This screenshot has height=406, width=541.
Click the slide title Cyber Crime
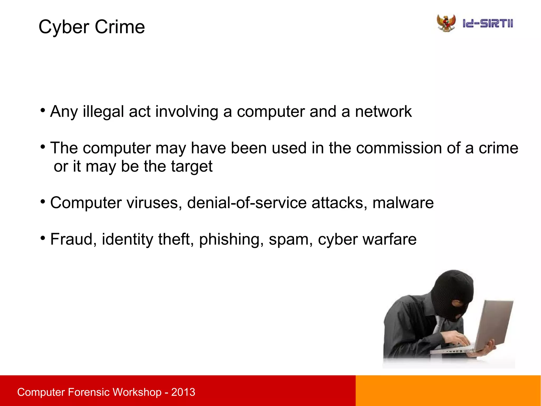[x=92, y=27]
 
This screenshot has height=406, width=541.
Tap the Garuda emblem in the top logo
[x=446, y=23]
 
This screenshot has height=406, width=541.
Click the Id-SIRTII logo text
[x=488, y=24]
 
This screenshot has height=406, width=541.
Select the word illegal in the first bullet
[x=103, y=111]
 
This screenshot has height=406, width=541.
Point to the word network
[x=383, y=111]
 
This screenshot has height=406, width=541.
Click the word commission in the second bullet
[x=399, y=148]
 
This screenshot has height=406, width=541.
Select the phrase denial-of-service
[x=247, y=203]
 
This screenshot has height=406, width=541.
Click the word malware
[x=403, y=203]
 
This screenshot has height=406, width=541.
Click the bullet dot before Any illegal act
[x=43, y=110]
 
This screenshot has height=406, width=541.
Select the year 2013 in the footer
[x=183, y=392]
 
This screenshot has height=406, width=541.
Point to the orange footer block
[x=448, y=391]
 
